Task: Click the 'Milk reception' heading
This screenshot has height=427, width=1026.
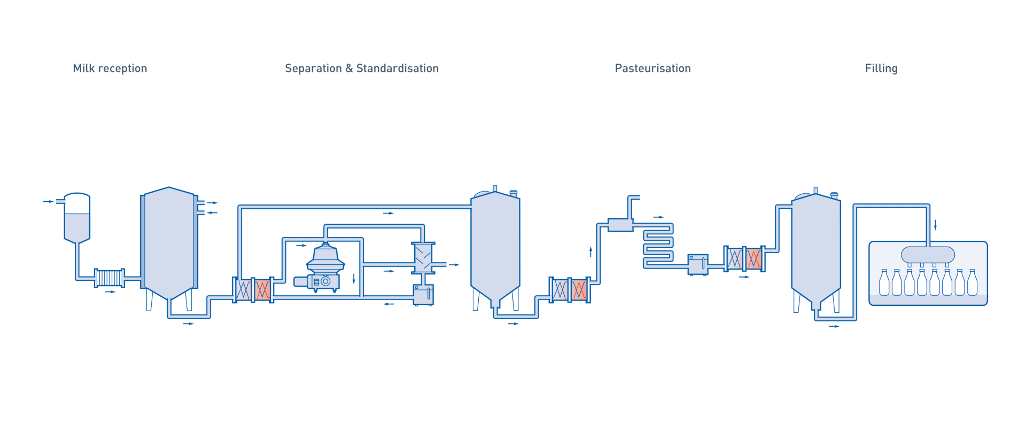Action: tap(110, 68)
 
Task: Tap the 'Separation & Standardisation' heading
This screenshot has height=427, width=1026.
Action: tap(362, 68)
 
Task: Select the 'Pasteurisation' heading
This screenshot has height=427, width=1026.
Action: tap(652, 68)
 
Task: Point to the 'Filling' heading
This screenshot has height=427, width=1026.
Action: tap(881, 68)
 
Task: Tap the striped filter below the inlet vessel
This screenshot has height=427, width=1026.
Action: tap(110, 278)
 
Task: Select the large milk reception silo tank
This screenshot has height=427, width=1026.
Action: tap(169, 243)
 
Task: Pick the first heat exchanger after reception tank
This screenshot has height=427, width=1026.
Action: tap(253, 290)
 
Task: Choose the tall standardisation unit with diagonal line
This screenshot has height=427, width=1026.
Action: tap(423, 258)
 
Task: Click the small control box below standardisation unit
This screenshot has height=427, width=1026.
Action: tap(423, 295)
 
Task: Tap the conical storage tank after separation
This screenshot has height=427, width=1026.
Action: tap(495, 246)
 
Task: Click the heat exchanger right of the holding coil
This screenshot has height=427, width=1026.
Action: tap(744, 259)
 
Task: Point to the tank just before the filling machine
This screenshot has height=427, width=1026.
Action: tap(815, 248)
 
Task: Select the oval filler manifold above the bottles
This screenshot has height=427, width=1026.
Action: tap(928, 255)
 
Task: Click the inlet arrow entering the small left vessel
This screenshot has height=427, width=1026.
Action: tap(49, 201)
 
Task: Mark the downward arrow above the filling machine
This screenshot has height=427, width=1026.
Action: tap(935, 225)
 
